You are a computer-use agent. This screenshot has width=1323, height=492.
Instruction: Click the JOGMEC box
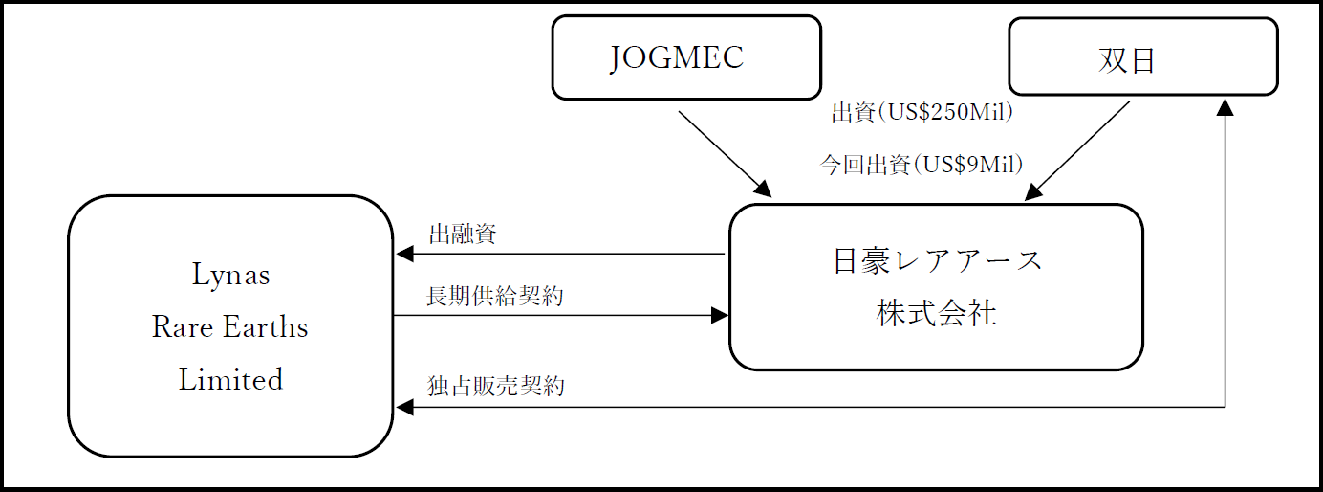[x=686, y=57]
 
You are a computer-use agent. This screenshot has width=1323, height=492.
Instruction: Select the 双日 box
[x=1142, y=56]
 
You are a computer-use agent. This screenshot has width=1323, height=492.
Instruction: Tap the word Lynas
[x=231, y=276]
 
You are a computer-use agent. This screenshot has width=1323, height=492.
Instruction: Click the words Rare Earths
[x=230, y=327]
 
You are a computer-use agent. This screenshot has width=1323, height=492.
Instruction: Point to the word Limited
[x=230, y=379]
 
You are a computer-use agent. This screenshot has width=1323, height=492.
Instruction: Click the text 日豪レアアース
[x=937, y=260]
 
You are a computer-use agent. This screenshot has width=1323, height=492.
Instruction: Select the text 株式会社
[x=937, y=314]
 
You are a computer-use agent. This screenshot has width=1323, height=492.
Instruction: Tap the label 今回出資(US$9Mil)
[x=922, y=165]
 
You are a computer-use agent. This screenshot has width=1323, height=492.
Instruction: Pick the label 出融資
[x=462, y=235]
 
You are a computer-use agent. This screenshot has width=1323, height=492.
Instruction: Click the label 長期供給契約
[x=494, y=297]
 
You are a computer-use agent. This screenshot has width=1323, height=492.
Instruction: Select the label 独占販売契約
[x=495, y=387]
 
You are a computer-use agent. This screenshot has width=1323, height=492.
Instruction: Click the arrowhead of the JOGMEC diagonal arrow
[x=764, y=189]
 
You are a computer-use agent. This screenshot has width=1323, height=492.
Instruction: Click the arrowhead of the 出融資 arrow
[x=404, y=255]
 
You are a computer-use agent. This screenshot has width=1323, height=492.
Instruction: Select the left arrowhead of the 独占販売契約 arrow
[x=404, y=408]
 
